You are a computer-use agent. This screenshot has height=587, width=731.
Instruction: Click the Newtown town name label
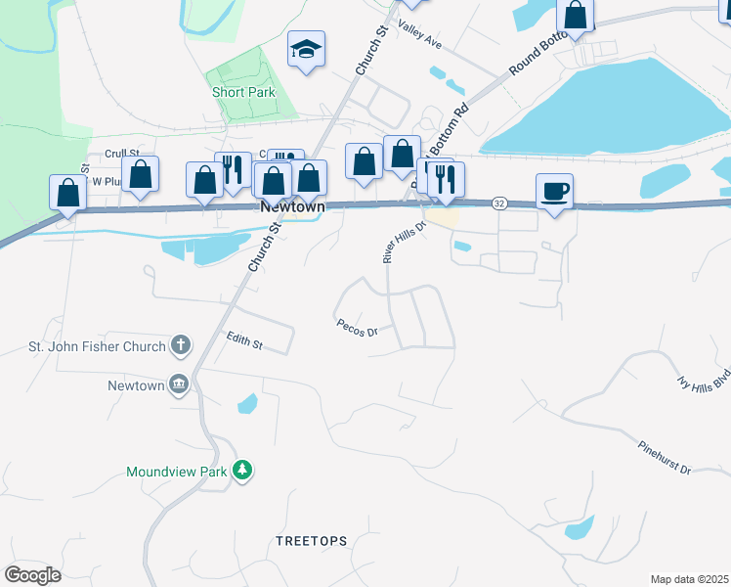pos(291,207)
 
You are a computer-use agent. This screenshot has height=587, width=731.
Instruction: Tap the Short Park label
pos(243,92)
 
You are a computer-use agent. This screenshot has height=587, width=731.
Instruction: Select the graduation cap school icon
pos(306,48)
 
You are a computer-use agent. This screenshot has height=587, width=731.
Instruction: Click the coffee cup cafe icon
pos(554,191)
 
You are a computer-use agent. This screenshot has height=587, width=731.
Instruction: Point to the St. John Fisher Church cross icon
pos(180,344)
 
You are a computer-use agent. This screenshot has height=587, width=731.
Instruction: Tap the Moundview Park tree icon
pos(242,472)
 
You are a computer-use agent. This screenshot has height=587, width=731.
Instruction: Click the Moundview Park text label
pos(177,472)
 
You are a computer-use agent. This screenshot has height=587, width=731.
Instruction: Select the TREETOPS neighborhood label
pos(311,540)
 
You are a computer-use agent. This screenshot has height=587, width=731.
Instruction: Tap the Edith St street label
pos(244,340)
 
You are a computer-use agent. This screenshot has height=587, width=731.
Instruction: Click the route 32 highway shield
pos(499,202)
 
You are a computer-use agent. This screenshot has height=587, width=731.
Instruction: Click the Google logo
pos(32,575)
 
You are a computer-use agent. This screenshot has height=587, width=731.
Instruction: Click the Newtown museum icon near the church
pos(179,384)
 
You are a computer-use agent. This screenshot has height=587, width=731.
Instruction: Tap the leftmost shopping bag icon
pos(67,192)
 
